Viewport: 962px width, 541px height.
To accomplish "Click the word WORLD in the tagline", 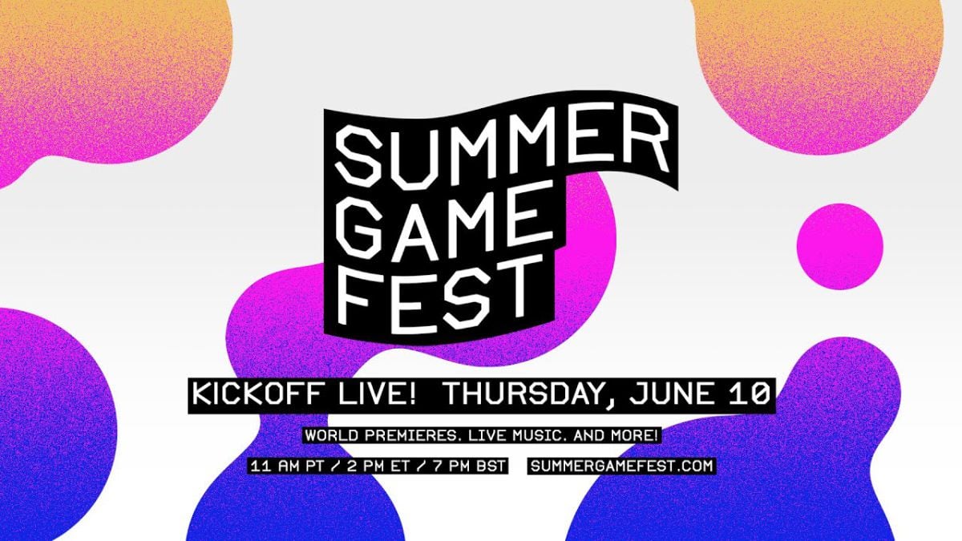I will [x=329, y=437].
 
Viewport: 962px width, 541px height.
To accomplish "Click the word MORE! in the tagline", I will [x=633, y=437].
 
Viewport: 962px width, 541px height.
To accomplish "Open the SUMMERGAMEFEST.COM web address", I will [x=622, y=466].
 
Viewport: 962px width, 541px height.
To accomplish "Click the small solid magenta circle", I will [x=839, y=246].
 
